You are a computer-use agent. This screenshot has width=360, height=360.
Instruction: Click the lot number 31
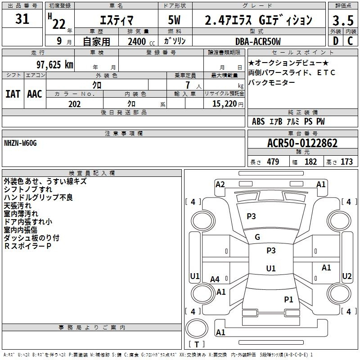(x=22, y=19)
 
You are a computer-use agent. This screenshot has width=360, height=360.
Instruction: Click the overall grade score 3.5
(x=343, y=21)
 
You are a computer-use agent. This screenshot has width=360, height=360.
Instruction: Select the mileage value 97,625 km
(x=55, y=65)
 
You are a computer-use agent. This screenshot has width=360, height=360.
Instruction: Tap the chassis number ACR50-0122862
(x=302, y=143)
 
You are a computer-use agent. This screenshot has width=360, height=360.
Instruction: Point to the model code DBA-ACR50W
(x=258, y=41)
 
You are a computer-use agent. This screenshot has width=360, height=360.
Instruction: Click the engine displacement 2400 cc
(x=141, y=41)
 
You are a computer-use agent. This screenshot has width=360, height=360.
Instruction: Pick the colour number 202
(x=74, y=104)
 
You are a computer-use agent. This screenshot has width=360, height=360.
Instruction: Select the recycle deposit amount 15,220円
(x=228, y=104)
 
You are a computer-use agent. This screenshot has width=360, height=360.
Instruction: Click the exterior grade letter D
(x=336, y=41)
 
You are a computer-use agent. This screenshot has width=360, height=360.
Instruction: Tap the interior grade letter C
(x=350, y=41)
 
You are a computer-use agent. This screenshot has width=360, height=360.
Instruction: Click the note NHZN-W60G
(x=20, y=143)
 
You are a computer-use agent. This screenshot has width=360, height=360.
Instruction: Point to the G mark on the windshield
(x=257, y=237)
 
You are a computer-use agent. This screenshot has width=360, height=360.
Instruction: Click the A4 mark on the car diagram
(x=215, y=279)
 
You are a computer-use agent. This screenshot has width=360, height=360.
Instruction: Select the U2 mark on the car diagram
(x=346, y=276)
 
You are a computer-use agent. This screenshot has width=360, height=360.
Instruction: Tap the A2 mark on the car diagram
(x=220, y=184)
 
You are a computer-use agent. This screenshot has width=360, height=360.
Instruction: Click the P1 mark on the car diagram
(x=288, y=299)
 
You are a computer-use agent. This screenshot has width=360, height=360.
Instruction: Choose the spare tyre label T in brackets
(x=197, y=344)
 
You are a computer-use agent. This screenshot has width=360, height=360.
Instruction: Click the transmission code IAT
(x=13, y=94)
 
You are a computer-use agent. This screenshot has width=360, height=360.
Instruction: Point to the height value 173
(x=346, y=162)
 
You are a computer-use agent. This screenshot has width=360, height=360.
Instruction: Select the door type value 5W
(x=174, y=20)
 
